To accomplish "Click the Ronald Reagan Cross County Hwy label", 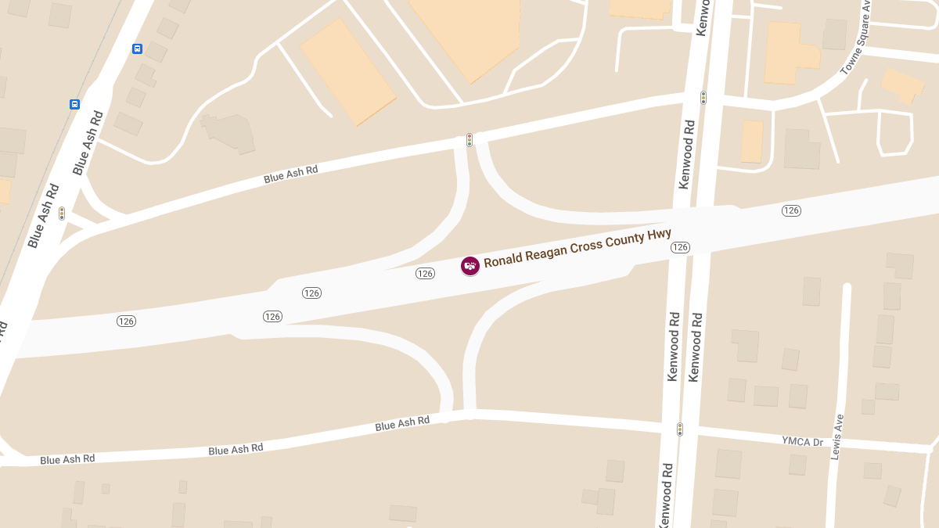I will click(577, 249).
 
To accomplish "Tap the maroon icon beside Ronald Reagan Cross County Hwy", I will click(469, 266).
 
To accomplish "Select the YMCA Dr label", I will click(803, 442).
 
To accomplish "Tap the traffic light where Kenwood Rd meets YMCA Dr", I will click(680, 429).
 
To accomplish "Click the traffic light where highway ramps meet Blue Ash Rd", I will click(469, 140).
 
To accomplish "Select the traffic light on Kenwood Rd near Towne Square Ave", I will click(703, 98).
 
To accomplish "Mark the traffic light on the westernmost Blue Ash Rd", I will click(62, 213).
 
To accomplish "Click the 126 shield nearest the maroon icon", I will click(425, 273).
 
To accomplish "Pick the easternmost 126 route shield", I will click(791, 210).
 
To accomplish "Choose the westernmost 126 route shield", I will click(126, 321).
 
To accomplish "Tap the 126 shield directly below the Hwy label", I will click(680, 247).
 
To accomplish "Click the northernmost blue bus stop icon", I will click(138, 48).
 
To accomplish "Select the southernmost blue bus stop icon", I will click(75, 104).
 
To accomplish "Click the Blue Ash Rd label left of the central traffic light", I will click(291, 174).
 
